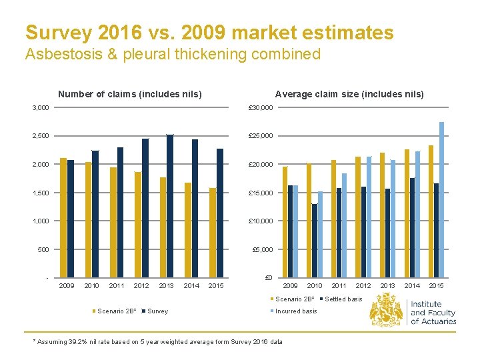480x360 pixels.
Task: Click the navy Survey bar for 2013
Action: (170, 206)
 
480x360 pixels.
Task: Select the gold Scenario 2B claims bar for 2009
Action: (63, 217)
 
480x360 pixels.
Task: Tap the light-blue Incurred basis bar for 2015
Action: (441, 200)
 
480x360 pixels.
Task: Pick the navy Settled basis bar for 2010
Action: (315, 241)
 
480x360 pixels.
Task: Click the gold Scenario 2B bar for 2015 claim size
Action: (431, 211)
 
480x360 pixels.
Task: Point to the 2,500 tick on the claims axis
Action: (41, 136)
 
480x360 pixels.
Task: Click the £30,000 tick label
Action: (261, 108)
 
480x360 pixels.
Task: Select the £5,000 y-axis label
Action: (263, 249)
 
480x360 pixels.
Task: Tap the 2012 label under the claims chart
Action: (141, 285)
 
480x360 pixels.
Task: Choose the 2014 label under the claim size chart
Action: (412, 285)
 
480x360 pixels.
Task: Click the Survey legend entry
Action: (155, 311)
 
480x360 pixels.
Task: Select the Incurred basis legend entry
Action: (293, 311)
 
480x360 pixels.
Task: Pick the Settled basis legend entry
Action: (341, 299)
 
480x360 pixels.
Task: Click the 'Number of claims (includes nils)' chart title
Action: (130, 94)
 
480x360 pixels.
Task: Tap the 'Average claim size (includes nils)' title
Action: (349, 94)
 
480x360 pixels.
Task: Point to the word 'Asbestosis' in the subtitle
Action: (64, 54)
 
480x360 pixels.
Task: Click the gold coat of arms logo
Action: (386, 309)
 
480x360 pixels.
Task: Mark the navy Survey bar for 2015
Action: (220, 213)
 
